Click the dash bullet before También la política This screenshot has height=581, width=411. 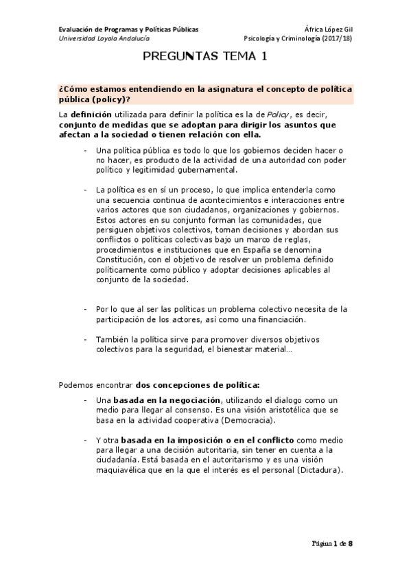tap(84, 339)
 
